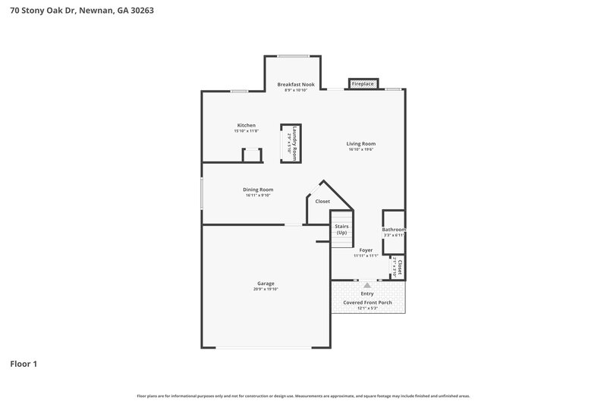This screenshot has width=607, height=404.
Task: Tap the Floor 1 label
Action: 24,364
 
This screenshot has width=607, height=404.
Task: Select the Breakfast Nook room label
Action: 295,84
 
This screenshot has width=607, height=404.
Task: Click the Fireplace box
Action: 363,83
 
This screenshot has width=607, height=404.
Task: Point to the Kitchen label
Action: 246,125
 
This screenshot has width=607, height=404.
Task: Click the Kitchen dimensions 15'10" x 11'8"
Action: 246,132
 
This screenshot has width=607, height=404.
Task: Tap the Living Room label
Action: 361,143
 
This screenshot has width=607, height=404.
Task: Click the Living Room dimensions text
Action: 361,149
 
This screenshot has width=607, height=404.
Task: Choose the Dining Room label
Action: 258,189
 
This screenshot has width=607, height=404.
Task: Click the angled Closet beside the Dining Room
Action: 322,202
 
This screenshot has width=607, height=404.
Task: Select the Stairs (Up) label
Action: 341,229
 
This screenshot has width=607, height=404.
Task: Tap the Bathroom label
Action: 394,230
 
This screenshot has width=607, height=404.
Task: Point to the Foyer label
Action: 366,249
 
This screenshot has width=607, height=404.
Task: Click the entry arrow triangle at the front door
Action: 367,284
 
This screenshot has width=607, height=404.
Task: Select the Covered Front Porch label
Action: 367,302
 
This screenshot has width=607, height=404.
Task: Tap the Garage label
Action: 266,283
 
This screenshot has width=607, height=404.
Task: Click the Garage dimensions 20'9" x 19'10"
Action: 266,290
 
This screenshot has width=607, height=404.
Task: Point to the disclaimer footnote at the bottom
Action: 303,396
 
